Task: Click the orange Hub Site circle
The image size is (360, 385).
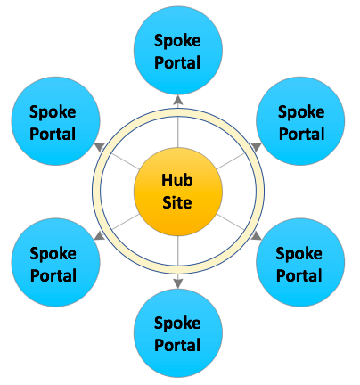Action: coord(178,192)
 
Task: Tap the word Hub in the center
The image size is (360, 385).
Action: coord(177,180)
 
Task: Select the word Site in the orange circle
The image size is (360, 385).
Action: coord(177,202)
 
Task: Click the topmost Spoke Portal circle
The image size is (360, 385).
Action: coord(178,50)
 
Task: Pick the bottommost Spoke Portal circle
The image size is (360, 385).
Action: coord(178,333)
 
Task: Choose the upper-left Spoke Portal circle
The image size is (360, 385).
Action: coord(56,121)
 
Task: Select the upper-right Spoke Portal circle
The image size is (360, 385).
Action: coord(300,121)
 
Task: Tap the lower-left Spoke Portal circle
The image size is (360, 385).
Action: coord(56,262)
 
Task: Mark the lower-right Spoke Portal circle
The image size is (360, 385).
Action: coord(300,262)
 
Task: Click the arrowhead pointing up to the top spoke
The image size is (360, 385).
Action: coord(178,100)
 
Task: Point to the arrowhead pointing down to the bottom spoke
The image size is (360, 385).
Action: coord(178,283)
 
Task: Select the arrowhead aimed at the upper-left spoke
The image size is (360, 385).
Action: coord(100,146)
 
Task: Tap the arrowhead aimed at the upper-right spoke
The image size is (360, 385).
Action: coord(256,146)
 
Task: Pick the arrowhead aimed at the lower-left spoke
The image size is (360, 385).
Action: coord(100,236)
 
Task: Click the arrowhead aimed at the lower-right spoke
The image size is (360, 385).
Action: coord(256,236)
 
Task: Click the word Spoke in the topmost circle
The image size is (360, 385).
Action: coord(177,41)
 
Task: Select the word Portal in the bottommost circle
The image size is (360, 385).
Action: coord(177,345)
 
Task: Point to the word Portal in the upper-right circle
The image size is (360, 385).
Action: coord(301,134)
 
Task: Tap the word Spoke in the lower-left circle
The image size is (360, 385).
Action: coord(53,254)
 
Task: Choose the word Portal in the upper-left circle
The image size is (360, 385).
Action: coord(53,134)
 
